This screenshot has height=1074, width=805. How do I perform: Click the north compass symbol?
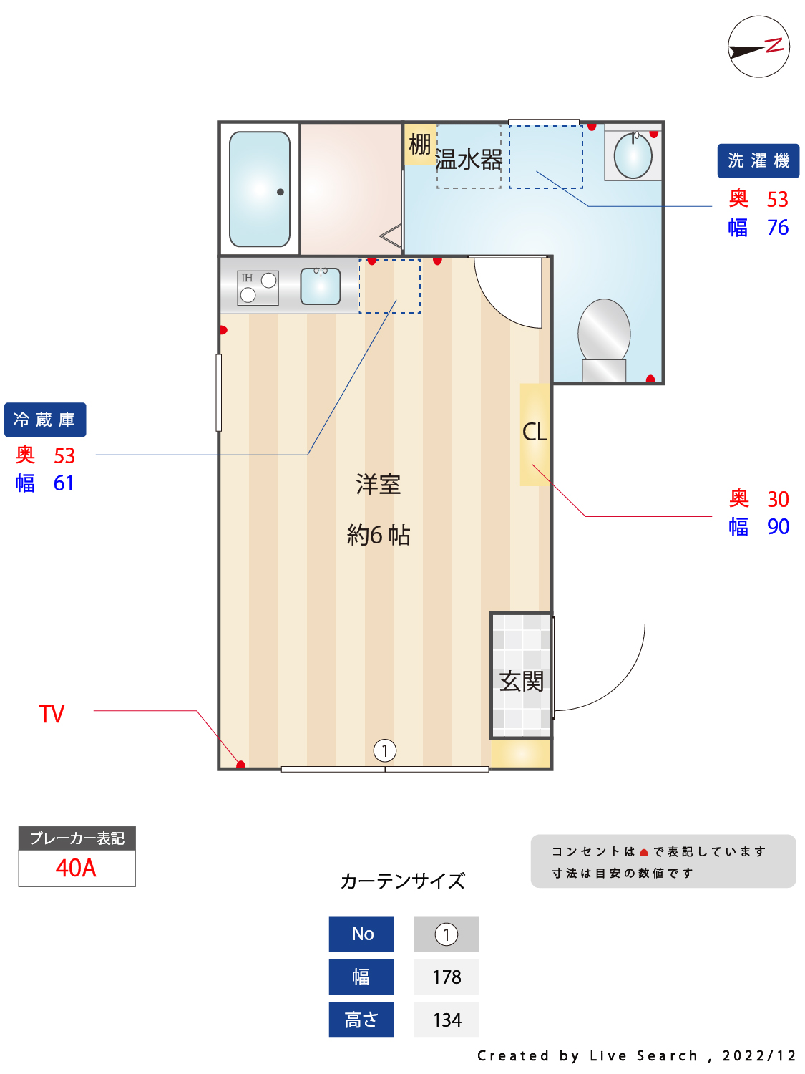[x=758, y=47]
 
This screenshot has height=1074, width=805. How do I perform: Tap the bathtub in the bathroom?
[x=260, y=189]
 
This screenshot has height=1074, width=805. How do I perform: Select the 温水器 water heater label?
[x=468, y=160]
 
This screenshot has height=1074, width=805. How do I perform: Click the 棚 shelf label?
[x=419, y=144]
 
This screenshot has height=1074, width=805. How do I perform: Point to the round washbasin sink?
[x=633, y=155]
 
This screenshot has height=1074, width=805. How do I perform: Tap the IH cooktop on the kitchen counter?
[x=258, y=288]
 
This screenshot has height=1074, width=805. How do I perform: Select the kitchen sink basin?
[x=320, y=286]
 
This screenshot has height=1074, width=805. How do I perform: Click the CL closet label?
[x=535, y=432]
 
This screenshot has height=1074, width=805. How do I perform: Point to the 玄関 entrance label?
[x=521, y=681]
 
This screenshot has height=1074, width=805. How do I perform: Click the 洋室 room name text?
[x=378, y=484]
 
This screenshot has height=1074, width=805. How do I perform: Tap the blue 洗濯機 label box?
[x=758, y=160]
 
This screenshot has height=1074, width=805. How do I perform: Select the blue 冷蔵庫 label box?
[x=45, y=420]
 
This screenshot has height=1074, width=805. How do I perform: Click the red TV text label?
[x=52, y=714]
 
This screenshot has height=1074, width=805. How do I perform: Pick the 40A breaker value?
[x=76, y=868]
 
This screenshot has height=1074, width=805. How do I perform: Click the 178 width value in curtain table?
[x=447, y=977]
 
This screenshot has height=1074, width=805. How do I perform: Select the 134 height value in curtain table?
[x=447, y=1020]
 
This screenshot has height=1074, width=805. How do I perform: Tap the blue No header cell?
[x=361, y=934]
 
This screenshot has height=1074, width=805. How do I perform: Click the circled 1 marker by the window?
[x=385, y=750]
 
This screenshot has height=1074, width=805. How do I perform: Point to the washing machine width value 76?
[x=777, y=228]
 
